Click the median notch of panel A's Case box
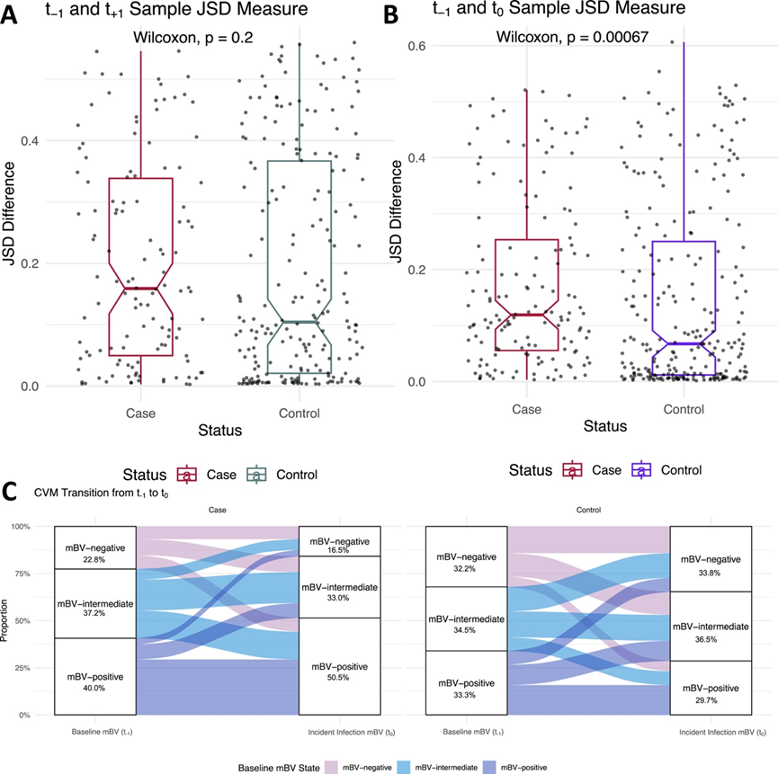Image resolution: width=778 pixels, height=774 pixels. (140, 289)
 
